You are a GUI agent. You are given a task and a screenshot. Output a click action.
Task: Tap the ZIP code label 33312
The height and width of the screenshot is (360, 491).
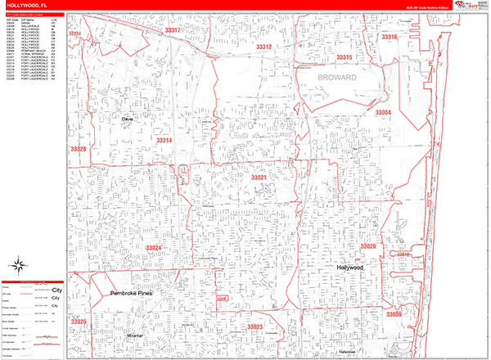(x=264, y=47)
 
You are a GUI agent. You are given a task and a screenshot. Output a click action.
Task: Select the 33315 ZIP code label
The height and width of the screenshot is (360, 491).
(x=343, y=57)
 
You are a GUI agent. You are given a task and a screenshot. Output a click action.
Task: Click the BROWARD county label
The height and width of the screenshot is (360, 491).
(x=333, y=78)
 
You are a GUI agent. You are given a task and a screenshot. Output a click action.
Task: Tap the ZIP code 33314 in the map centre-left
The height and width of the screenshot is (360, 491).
(x=164, y=141)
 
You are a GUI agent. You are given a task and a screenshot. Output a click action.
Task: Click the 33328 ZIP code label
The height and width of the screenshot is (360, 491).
(x=79, y=150)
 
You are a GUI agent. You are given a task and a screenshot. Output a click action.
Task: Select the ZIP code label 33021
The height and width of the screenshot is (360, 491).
(x=259, y=178)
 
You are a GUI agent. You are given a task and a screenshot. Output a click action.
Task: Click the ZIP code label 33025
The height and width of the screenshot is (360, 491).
(x=79, y=322)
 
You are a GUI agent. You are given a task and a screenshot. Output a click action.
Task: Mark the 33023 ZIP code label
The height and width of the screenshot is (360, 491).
(x=255, y=327)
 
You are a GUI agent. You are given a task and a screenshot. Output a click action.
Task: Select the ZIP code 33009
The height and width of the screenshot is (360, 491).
(x=394, y=314)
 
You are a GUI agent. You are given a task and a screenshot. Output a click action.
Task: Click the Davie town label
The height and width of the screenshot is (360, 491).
(x=126, y=119)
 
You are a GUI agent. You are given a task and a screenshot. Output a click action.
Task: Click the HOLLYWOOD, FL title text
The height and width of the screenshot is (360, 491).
(x=27, y=6)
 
